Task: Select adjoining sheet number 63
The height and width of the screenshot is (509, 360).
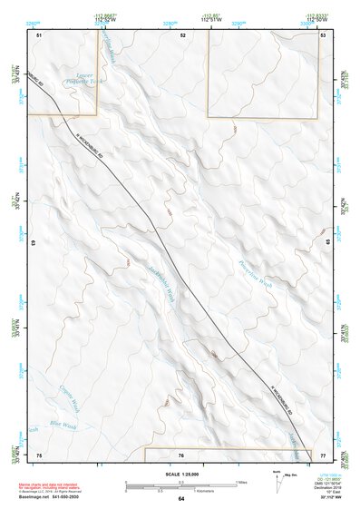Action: point(34,244)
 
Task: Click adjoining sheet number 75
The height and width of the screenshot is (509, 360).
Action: point(39,454)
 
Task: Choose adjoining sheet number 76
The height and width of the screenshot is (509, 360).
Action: point(181,455)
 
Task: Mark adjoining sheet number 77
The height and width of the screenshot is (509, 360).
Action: point(323,454)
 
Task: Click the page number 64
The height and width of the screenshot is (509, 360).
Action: point(181,498)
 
